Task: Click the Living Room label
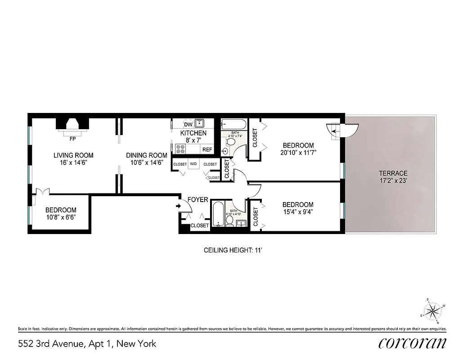coord(73,155)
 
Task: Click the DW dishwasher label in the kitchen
coord(188,124)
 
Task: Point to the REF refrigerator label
coord(207,149)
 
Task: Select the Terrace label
coord(393,173)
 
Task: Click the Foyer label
coord(197,199)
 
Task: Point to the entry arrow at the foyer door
coord(179,206)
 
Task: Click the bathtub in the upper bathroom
coord(233,124)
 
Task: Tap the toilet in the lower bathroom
coord(229,220)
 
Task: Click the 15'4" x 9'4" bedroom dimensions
coord(298,212)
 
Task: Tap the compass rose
coord(433,310)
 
